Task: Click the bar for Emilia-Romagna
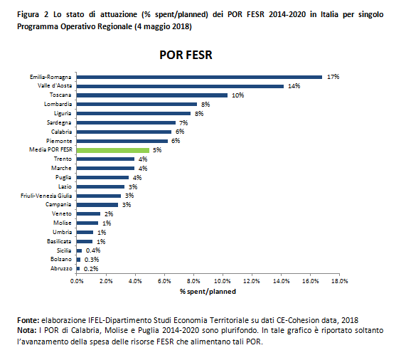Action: coord(199,77)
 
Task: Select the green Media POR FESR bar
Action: coord(113,150)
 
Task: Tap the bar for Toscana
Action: coord(152,95)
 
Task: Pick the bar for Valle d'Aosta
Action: coord(180,86)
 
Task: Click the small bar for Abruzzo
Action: coord(78,268)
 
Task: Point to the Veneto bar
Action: coord(88,213)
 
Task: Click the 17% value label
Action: coord(333,77)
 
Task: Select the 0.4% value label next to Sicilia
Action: coord(93,250)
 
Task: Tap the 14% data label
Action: coord(294,86)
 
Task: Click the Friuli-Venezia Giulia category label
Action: coord(46,196)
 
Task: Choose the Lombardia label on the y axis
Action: coord(58,104)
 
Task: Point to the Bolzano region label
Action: coord(61,259)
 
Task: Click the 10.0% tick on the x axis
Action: coord(222,281)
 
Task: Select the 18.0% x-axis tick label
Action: coord(339,281)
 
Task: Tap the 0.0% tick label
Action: coord(77,281)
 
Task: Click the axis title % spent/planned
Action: coord(208,292)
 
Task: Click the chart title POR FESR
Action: coord(186,55)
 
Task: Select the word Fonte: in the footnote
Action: coord(28,320)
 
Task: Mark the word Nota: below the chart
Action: coord(27,331)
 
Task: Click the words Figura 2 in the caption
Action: coord(33,14)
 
